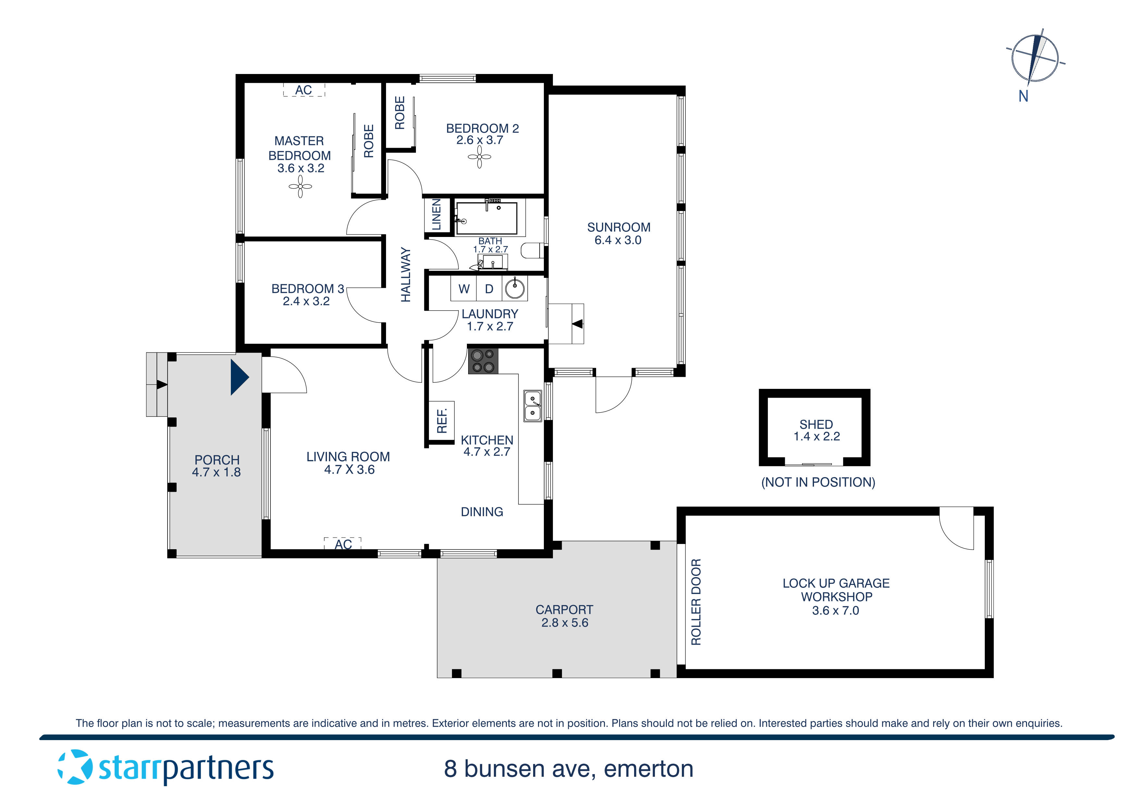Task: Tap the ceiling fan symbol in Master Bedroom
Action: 300,187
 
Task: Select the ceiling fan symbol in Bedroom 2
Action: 479,157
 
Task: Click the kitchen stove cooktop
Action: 483,361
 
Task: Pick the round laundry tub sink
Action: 515,289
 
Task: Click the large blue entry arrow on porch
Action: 239,377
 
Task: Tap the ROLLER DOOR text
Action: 696,602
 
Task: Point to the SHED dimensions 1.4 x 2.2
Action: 817,437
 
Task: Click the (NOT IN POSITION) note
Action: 818,482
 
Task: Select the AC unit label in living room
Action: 343,544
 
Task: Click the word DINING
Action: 482,512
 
